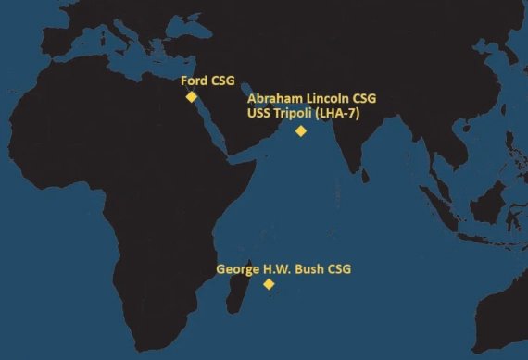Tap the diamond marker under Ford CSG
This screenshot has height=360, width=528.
pyautogui.click(x=191, y=96)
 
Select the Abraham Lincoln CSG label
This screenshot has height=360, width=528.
pyautogui.click(x=311, y=98)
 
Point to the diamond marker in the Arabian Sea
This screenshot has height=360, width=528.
pyautogui.click(x=300, y=130)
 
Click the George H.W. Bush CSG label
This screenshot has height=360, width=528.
pyautogui.click(x=283, y=269)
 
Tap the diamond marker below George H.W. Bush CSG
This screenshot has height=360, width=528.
pyautogui.click(x=269, y=284)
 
